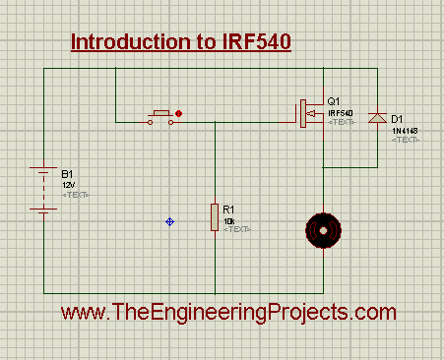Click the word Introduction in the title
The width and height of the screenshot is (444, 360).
click(123, 43)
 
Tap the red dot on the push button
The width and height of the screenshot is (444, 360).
click(178, 114)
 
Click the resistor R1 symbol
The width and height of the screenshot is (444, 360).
click(215, 217)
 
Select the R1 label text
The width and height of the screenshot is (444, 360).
click(228, 209)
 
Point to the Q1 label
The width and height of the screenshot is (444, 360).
click(333, 101)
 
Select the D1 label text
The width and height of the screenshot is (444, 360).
click(398, 119)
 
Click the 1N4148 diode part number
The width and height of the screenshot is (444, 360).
click(404, 130)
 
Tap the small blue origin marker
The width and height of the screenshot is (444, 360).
click(170, 222)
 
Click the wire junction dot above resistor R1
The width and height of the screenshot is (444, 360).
click(215, 123)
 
